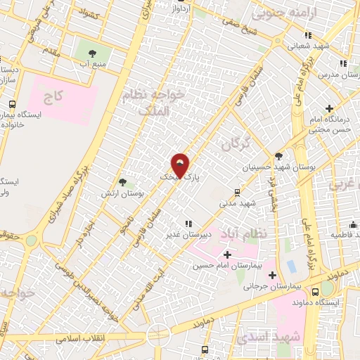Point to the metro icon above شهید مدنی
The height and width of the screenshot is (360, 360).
click(237, 192)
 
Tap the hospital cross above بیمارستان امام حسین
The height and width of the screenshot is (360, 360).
click(227, 253)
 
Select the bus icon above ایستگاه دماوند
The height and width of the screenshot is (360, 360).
click(315, 291)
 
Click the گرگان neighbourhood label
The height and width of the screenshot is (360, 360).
click(235, 144)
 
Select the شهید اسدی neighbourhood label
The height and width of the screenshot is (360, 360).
click(266, 337)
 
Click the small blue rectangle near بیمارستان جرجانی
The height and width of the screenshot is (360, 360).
click(290, 267)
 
